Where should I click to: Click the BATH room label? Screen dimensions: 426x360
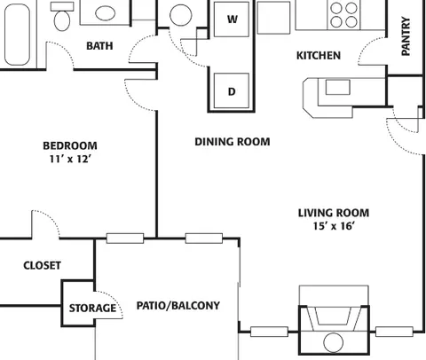99,46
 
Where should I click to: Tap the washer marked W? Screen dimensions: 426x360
232,20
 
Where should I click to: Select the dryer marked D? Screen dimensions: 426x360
232,90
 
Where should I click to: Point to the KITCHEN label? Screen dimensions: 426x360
319,56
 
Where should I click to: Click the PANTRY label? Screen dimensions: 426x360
406,36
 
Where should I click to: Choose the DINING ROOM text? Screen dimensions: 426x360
233,142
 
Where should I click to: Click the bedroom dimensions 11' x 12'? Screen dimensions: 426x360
70,159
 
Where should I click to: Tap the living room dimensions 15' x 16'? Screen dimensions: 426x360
334,226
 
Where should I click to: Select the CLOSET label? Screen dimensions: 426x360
42,265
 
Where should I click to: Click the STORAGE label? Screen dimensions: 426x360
92,309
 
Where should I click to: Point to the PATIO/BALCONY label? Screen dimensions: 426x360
178,305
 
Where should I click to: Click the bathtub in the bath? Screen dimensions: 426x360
17,35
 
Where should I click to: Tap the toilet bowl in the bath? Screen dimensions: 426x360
62,20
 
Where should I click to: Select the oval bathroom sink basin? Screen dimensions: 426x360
105,13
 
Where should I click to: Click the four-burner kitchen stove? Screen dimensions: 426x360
343,15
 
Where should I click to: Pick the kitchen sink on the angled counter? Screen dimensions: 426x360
338,87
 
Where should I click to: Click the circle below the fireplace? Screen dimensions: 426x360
334,342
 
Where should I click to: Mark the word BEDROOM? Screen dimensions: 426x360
70,145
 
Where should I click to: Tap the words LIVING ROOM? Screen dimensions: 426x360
334,213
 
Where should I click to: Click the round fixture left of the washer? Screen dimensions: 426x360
181,15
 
